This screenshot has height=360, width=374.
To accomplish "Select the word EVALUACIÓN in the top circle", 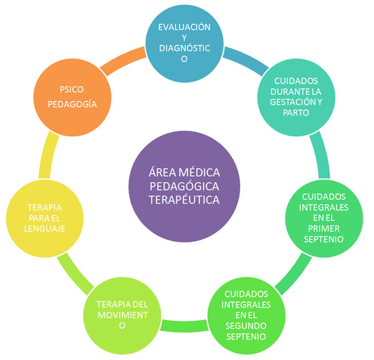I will (184, 27).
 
